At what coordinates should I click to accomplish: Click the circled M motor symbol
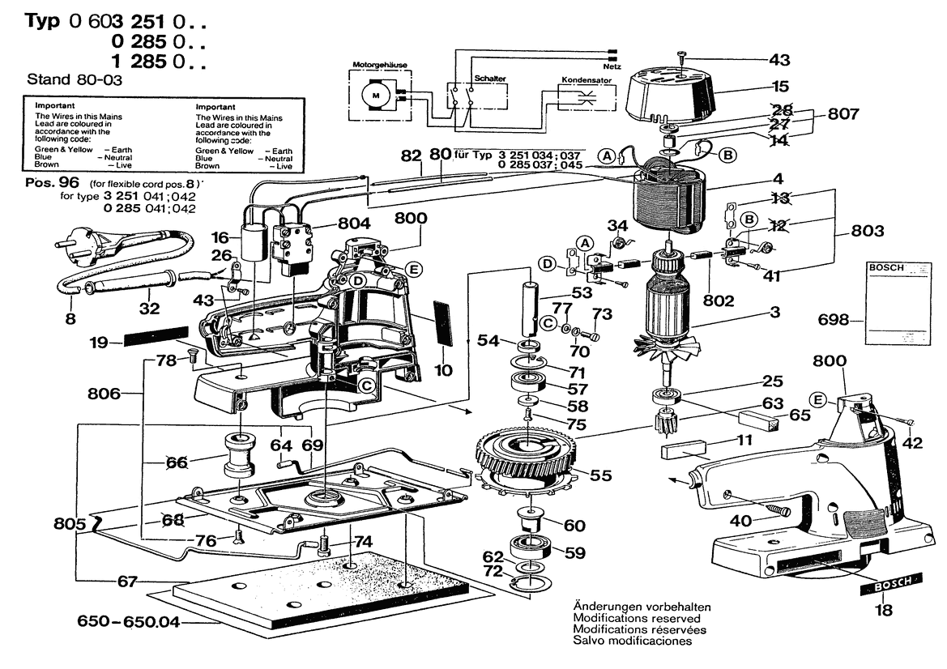[375, 96]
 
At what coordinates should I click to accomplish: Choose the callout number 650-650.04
[129, 622]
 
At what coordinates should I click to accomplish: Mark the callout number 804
[354, 224]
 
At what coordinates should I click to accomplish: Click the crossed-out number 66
[177, 462]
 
